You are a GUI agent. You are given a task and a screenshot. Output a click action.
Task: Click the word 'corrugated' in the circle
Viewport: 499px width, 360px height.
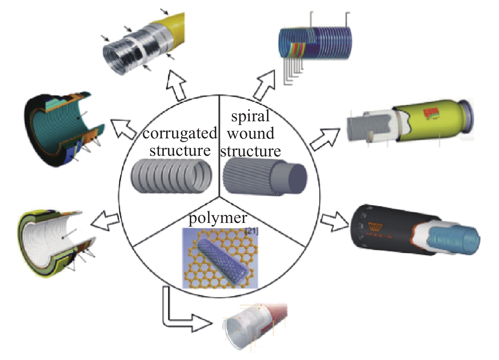pyautogui.click(x=180, y=133)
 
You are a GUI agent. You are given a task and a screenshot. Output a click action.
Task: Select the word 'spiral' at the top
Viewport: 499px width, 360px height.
pyautogui.click(x=250, y=116)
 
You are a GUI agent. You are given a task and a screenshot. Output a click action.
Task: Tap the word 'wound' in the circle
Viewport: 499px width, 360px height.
pyautogui.click(x=250, y=133)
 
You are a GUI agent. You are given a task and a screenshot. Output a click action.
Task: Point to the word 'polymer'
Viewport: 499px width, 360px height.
pyautogui.click(x=218, y=218)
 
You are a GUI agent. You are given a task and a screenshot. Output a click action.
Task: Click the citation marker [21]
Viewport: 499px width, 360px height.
pyautogui.click(x=252, y=231)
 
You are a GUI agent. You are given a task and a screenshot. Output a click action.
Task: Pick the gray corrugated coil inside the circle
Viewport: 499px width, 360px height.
pyautogui.click(x=171, y=176)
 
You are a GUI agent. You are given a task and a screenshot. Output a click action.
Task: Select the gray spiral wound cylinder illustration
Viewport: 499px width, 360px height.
pyautogui.click(x=265, y=177)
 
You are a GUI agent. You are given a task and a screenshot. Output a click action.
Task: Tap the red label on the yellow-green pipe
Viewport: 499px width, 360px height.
pyautogui.click(x=431, y=113)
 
